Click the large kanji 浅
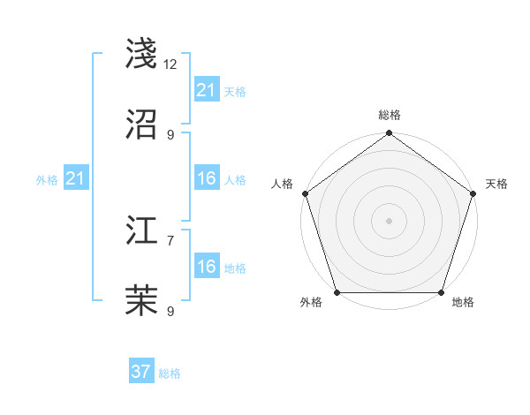click(x=142, y=54)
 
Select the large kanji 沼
click(x=142, y=124)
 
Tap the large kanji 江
click(x=142, y=230)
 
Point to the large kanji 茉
click(x=142, y=301)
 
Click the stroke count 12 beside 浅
click(x=170, y=64)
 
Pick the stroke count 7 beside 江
click(x=170, y=240)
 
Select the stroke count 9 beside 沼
click(x=170, y=134)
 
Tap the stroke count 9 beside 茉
click(x=170, y=311)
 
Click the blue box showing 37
click(x=141, y=372)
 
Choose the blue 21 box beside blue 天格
click(x=206, y=89)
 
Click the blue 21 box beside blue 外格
click(x=75, y=178)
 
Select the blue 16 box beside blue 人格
click(x=206, y=178)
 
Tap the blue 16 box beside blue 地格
click(x=206, y=267)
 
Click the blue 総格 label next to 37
click(x=170, y=373)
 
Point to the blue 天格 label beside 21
click(x=234, y=91)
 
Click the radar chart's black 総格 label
click(x=390, y=115)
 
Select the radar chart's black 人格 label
click(x=282, y=183)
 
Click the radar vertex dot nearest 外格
click(x=337, y=292)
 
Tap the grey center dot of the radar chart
click(x=390, y=220)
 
